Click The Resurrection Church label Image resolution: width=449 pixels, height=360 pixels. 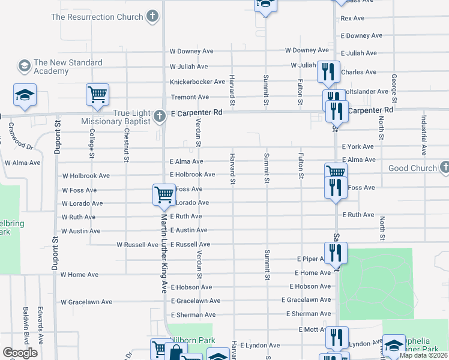97,17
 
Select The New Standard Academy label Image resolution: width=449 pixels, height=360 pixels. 68,67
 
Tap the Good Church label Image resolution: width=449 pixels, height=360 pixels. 412,168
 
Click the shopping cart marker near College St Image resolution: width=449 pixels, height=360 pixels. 97,94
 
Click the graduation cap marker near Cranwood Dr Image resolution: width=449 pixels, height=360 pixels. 25,95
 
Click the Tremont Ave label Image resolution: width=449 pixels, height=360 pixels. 190,97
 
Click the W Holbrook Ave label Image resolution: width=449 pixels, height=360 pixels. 86,176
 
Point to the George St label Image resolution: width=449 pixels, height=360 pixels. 394,88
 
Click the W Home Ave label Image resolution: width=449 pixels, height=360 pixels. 79,275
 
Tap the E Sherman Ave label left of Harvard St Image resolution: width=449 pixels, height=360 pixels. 193,315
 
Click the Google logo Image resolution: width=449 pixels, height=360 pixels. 20,353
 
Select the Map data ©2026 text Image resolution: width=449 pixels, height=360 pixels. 423,355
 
